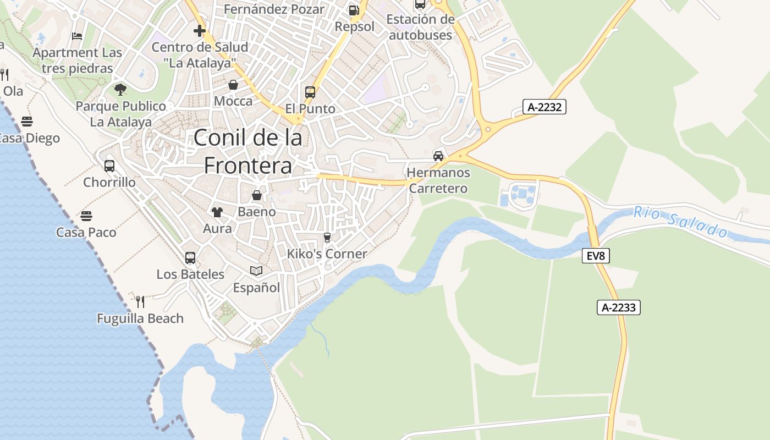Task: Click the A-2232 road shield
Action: click(544, 107)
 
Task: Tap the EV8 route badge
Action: click(596, 256)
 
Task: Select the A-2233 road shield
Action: click(619, 307)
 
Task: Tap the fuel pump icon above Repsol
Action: click(354, 10)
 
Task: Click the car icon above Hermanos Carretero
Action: click(438, 156)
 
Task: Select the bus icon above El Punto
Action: click(310, 92)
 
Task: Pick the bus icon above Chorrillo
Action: click(109, 166)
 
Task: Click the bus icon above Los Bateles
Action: click(190, 257)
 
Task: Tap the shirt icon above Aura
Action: click(217, 212)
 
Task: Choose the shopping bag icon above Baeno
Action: click(256, 195)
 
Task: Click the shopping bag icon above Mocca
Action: click(233, 85)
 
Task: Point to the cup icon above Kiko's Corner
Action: click(327, 237)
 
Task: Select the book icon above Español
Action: click(256, 271)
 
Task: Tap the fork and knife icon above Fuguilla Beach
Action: click(140, 301)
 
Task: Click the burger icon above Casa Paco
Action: click(86, 216)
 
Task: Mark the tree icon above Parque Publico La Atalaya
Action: click(120, 89)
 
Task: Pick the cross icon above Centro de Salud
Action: click(200, 31)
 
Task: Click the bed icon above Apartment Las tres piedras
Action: click(77, 36)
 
